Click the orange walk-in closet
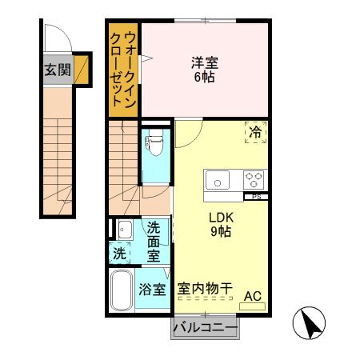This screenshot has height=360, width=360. pos(124,70)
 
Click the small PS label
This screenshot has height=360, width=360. pos(256,196)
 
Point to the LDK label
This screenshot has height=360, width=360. pos(220,217)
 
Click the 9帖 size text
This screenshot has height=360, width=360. pos(220,232)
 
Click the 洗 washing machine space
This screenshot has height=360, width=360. pos(118,254)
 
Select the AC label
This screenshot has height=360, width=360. pos(252,298)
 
